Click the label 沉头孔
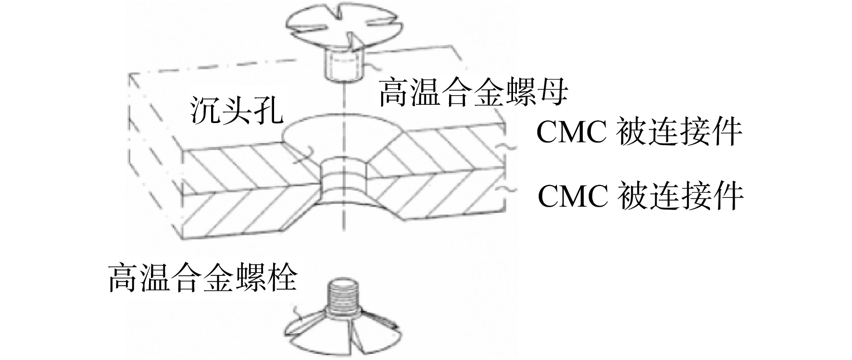235,111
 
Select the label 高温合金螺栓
202,277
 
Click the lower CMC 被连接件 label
640,196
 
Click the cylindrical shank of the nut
342,65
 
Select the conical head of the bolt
342,332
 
